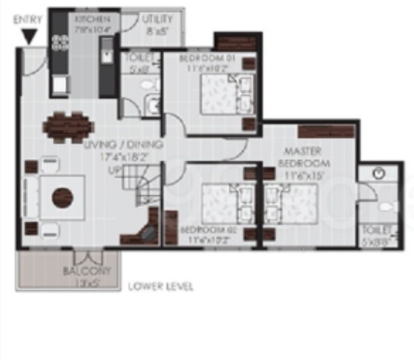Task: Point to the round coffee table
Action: [x=61, y=197]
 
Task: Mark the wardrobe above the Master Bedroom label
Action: [x=322, y=133]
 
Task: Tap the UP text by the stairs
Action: [x=115, y=169]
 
